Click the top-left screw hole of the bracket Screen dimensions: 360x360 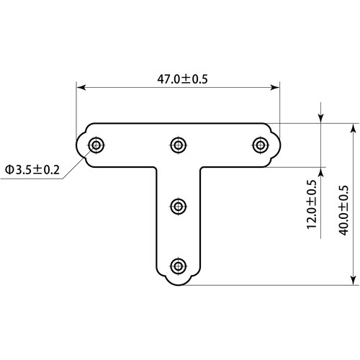pyautogui.click(x=96, y=145)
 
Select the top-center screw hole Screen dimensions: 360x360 pyautogui.click(x=178, y=145)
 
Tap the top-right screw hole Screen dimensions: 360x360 pyautogui.click(x=260, y=145)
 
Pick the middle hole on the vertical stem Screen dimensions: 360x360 pyautogui.click(x=178, y=206)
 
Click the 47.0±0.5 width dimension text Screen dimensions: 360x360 pyautogui.click(x=178, y=79)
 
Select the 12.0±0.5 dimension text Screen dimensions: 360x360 pyautogui.click(x=312, y=204)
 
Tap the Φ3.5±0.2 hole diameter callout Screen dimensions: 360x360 pyautogui.click(x=32, y=169)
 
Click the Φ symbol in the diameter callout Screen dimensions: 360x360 pyautogui.click(x=9, y=169)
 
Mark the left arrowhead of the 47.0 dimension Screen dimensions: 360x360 pyautogui.click(x=81, y=88)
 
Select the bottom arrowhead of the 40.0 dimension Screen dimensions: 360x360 pyautogui.click(x=353, y=280)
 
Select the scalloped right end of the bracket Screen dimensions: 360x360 pyautogui.click(x=276, y=145)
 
